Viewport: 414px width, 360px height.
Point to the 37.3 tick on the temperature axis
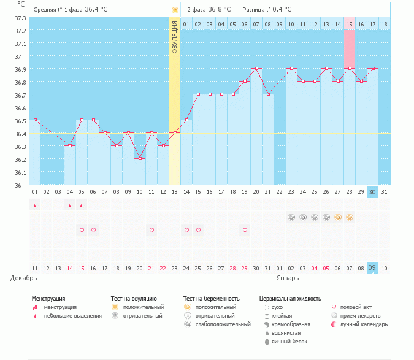20,18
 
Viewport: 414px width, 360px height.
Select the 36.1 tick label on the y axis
20,172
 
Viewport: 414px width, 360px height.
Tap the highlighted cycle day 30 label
372,192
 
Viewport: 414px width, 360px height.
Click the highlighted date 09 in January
372,267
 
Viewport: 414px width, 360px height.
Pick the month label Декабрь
24,278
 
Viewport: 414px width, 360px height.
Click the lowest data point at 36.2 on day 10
140,158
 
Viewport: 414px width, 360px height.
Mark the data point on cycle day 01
35,120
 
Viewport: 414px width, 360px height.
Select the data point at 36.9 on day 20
256,68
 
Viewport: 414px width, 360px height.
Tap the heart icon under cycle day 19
245,230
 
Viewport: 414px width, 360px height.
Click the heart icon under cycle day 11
151,230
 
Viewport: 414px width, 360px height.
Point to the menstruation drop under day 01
35,205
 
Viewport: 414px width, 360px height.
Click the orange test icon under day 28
350,217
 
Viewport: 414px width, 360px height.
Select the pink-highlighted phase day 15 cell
350,24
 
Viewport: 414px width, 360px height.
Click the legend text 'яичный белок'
289,341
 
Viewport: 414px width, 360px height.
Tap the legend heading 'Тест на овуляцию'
134,299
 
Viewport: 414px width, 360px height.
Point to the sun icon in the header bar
175,10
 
